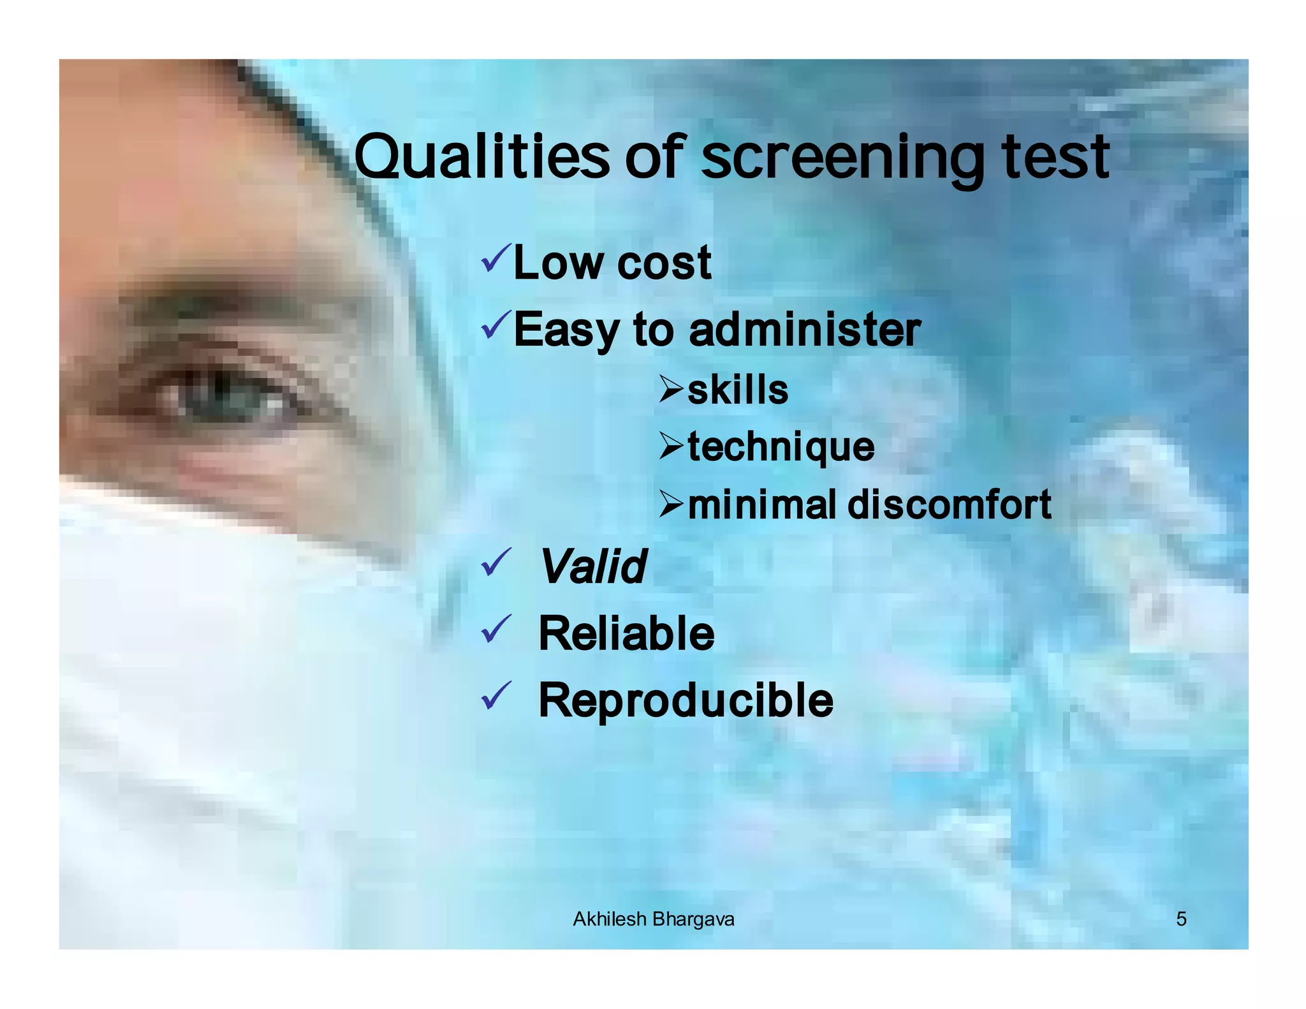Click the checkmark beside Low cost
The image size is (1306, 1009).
coord(496,258)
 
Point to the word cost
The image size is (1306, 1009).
coord(664,263)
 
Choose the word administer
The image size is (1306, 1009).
coord(805,330)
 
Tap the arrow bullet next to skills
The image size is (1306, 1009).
coord(671,388)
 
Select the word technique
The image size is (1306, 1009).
coord(781,447)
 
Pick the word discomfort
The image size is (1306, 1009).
coord(949,504)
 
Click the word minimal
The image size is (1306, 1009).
coord(761,504)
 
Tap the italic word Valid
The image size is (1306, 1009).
coord(593,566)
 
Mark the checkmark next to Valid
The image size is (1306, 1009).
coord(496,563)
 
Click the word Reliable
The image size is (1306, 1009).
coord(626,633)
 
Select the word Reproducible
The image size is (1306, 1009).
coord(686,700)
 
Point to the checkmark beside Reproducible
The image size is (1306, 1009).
coord(496,695)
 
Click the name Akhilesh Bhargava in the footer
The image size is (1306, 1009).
coord(653,919)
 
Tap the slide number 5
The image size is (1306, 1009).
coord(1181,919)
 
